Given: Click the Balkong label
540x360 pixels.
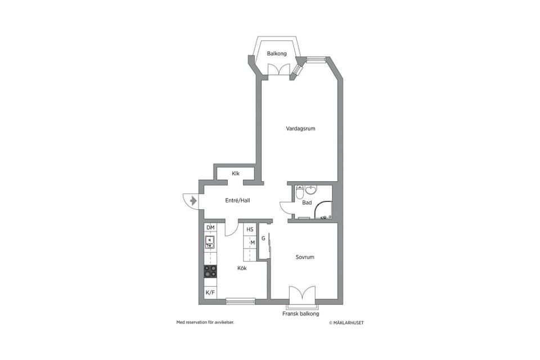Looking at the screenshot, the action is tap(277, 54).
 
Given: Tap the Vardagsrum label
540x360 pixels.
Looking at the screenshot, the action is tap(300, 129).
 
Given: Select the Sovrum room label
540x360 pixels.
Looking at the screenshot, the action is tap(305, 257).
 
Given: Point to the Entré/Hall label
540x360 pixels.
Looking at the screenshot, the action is tap(237, 200).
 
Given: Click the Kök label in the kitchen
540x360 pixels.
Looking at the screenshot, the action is tap(242, 268).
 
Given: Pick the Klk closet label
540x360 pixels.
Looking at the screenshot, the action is tap(236, 174).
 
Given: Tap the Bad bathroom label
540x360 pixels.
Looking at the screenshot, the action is tap(307, 202).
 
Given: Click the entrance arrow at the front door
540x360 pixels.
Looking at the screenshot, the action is tap(193, 200).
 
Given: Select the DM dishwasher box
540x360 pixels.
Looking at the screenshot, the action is tap(210, 227).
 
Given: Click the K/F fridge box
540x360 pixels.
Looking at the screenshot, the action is tap(210, 293).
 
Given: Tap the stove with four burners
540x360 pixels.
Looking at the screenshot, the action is tap(210, 272).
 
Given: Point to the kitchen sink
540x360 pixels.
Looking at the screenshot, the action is tap(210, 242).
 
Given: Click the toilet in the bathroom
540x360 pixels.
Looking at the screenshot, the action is tap(300, 192).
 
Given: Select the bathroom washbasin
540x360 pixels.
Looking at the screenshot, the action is tap(311, 190).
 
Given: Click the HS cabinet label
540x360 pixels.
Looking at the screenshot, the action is tap(250, 229).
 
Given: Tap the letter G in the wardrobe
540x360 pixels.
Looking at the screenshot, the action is tap(263, 238).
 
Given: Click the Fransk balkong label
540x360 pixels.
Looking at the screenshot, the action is tap(300, 314).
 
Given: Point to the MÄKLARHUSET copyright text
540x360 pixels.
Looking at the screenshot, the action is tap(346, 323).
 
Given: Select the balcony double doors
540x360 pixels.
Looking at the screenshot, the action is tap(277, 69).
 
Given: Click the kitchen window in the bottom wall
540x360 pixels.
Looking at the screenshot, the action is tap(241, 301).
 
